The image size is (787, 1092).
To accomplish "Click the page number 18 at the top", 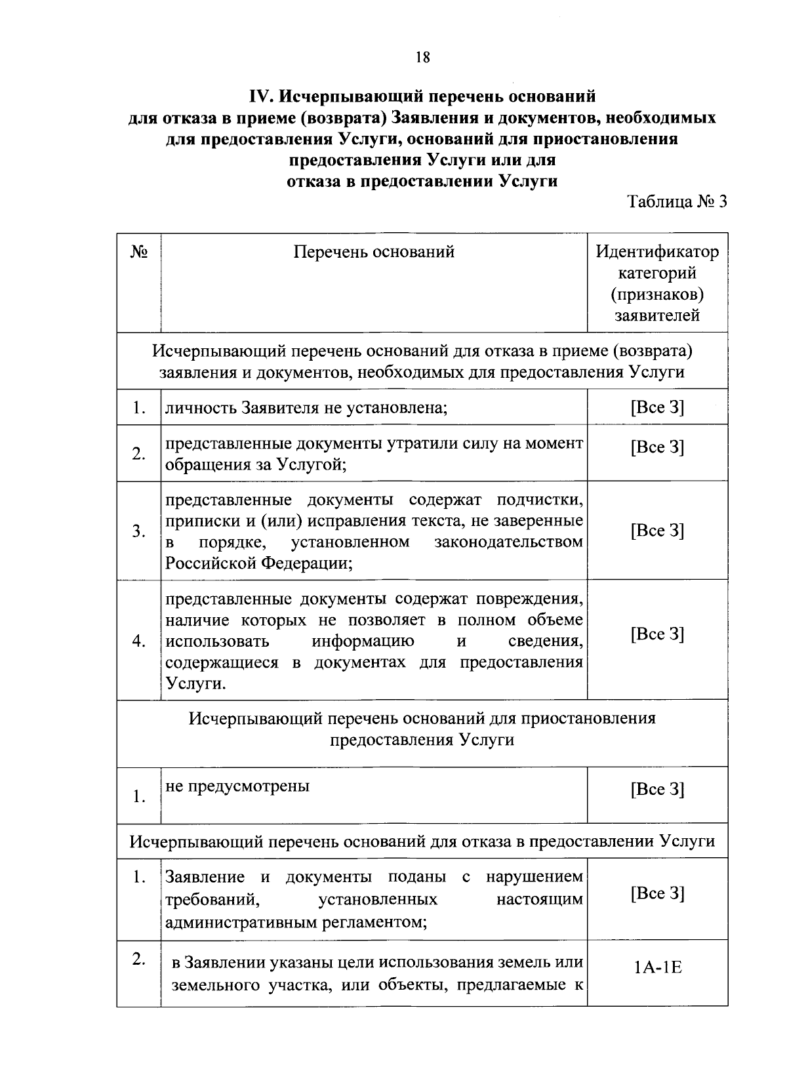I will point(422,58).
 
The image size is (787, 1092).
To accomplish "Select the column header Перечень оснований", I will point(374,252).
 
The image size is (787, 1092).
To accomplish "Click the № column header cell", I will point(138,252).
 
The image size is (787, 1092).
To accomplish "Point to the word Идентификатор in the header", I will point(657,252).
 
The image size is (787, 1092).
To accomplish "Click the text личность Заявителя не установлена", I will point(306,408).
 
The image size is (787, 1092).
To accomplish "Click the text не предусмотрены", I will point(237,786).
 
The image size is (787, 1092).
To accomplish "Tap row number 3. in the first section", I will point(138,531).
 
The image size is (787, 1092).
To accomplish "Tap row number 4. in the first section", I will point(138,641).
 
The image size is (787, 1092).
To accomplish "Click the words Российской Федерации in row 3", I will point(258,563).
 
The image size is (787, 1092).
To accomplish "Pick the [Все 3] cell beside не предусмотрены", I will point(657,789).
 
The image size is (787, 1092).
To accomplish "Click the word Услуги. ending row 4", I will point(195,683).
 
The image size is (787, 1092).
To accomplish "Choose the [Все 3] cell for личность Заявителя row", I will point(657,407).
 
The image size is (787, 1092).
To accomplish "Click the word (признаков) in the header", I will point(657,294).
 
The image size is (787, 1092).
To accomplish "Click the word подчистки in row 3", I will point(540,500).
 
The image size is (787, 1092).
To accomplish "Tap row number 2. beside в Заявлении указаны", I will point(138,960).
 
